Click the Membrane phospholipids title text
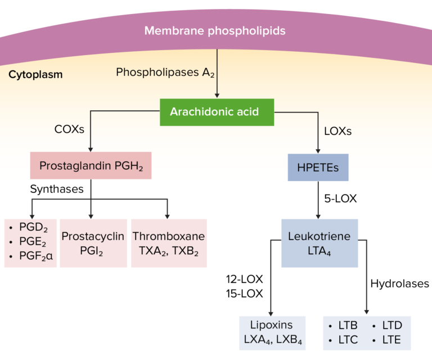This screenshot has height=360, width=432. tap(215, 30)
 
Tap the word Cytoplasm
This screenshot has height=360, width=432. tap(35, 74)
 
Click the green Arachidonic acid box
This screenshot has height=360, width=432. tap(214, 111)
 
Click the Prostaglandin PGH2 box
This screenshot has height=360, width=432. tap(91, 166)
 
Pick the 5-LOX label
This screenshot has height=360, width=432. tap(341, 199)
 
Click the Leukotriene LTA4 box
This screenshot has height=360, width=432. tap(319, 243)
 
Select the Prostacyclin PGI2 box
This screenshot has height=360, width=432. tap(93, 242)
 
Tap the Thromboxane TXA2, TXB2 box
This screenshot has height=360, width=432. tap(168, 242)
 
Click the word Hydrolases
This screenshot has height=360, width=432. tap(399, 284)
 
